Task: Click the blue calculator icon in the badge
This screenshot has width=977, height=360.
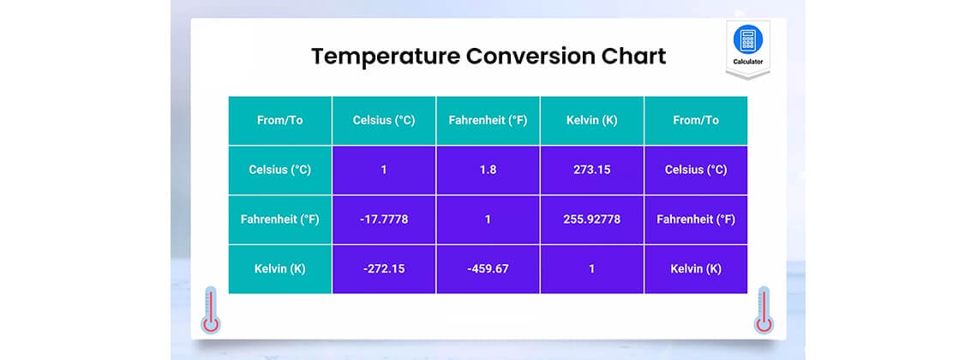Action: pos(747,40)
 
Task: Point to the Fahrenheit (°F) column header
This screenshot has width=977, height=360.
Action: pos(488,120)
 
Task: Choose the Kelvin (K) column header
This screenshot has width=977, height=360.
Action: pos(591,120)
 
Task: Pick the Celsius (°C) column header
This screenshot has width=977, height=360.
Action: pos(384,120)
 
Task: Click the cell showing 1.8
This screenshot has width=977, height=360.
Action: pos(488,170)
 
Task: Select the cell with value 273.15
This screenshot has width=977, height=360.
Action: pos(591,170)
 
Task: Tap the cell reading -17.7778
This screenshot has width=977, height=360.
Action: pos(384,219)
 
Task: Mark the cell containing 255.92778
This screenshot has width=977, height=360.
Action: pos(591,219)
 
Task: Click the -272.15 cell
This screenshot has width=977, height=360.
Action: pos(384,269)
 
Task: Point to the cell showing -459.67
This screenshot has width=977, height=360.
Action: pos(488,269)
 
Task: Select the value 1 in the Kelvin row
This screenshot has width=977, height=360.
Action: pos(591,269)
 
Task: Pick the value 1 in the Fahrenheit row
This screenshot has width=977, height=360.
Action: pos(488,219)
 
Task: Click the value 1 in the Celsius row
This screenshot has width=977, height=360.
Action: pos(384,170)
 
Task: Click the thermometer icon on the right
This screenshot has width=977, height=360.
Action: pos(764,311)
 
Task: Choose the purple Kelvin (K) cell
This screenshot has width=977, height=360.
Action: pos(695,269)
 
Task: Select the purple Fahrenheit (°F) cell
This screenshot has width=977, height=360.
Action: pos(695,219)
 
